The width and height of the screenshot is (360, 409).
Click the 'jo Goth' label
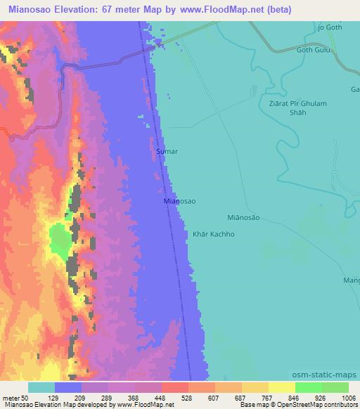click(x=330, y=27)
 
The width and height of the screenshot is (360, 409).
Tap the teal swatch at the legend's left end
click(x=41, y=387)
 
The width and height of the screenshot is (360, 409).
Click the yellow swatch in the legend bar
click(x=281, y=387)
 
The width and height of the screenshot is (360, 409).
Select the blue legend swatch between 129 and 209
click(x=68, y=387)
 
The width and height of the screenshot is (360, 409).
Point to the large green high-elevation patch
click(x=60, y=241)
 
